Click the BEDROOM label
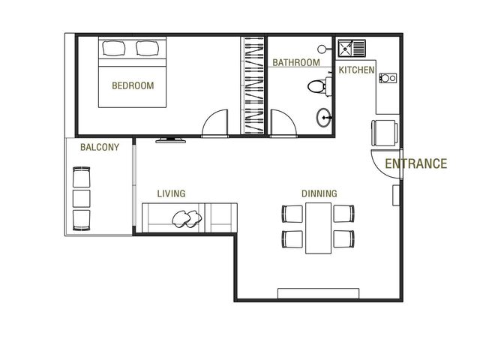click(133, 85)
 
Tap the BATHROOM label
click(296, 63)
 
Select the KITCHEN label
click(357, 70)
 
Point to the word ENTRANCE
click(416, 163)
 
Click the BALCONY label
click(100, 147)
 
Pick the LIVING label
click(171, 193)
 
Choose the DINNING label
click(319, 193)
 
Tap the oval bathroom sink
click(323, 118)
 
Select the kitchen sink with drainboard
click(352, 48)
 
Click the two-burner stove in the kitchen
click(388, 78)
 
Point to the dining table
click(318, 228)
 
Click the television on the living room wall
click(170, 140)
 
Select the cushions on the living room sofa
click(187, 219)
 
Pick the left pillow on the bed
click(114, 48)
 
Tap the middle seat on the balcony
click(82, 199)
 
